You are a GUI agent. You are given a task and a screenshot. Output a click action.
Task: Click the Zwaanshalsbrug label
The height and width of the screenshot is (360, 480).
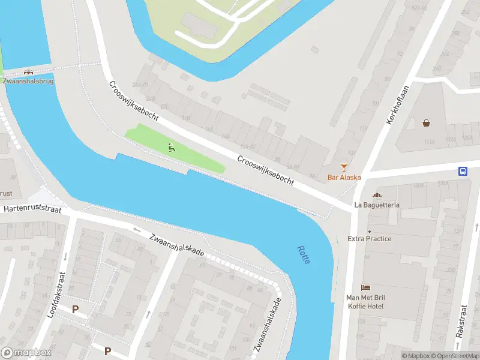tap(28, 81)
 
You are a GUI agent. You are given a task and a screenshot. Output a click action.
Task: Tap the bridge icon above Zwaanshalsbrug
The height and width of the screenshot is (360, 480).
tap(28, 72)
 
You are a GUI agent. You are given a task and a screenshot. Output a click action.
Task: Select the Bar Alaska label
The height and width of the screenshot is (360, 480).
tap(344, 177)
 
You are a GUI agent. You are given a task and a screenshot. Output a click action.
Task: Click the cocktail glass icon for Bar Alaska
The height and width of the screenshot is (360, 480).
tap(344, 167)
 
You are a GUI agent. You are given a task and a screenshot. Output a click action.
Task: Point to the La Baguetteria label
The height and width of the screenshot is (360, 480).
tap(377, 205)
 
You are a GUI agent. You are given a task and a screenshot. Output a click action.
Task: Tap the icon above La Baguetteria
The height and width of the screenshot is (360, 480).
tap(377, 195)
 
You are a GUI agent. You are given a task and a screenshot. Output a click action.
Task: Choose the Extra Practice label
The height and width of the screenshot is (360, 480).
tap(370, 239)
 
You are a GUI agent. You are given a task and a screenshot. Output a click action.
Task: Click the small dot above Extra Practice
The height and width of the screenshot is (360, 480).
tap(370, 231)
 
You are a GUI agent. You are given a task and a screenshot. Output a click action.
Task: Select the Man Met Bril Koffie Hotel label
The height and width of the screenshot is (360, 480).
tap(365, 302)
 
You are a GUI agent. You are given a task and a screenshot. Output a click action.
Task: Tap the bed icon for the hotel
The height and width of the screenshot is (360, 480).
tap(365, 289)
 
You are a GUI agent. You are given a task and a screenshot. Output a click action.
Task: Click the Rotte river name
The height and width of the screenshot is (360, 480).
tap(302, 256)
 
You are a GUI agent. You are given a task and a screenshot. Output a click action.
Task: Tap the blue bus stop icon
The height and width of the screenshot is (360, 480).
tap(463, 171)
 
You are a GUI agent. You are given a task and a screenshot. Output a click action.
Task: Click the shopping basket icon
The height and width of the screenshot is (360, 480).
tap(426, 123)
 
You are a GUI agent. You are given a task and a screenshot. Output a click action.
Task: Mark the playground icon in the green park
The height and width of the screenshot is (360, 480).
tap(172, 148)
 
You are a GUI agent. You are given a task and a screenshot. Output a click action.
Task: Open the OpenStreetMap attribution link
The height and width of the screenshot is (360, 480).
tap(455, 356)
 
